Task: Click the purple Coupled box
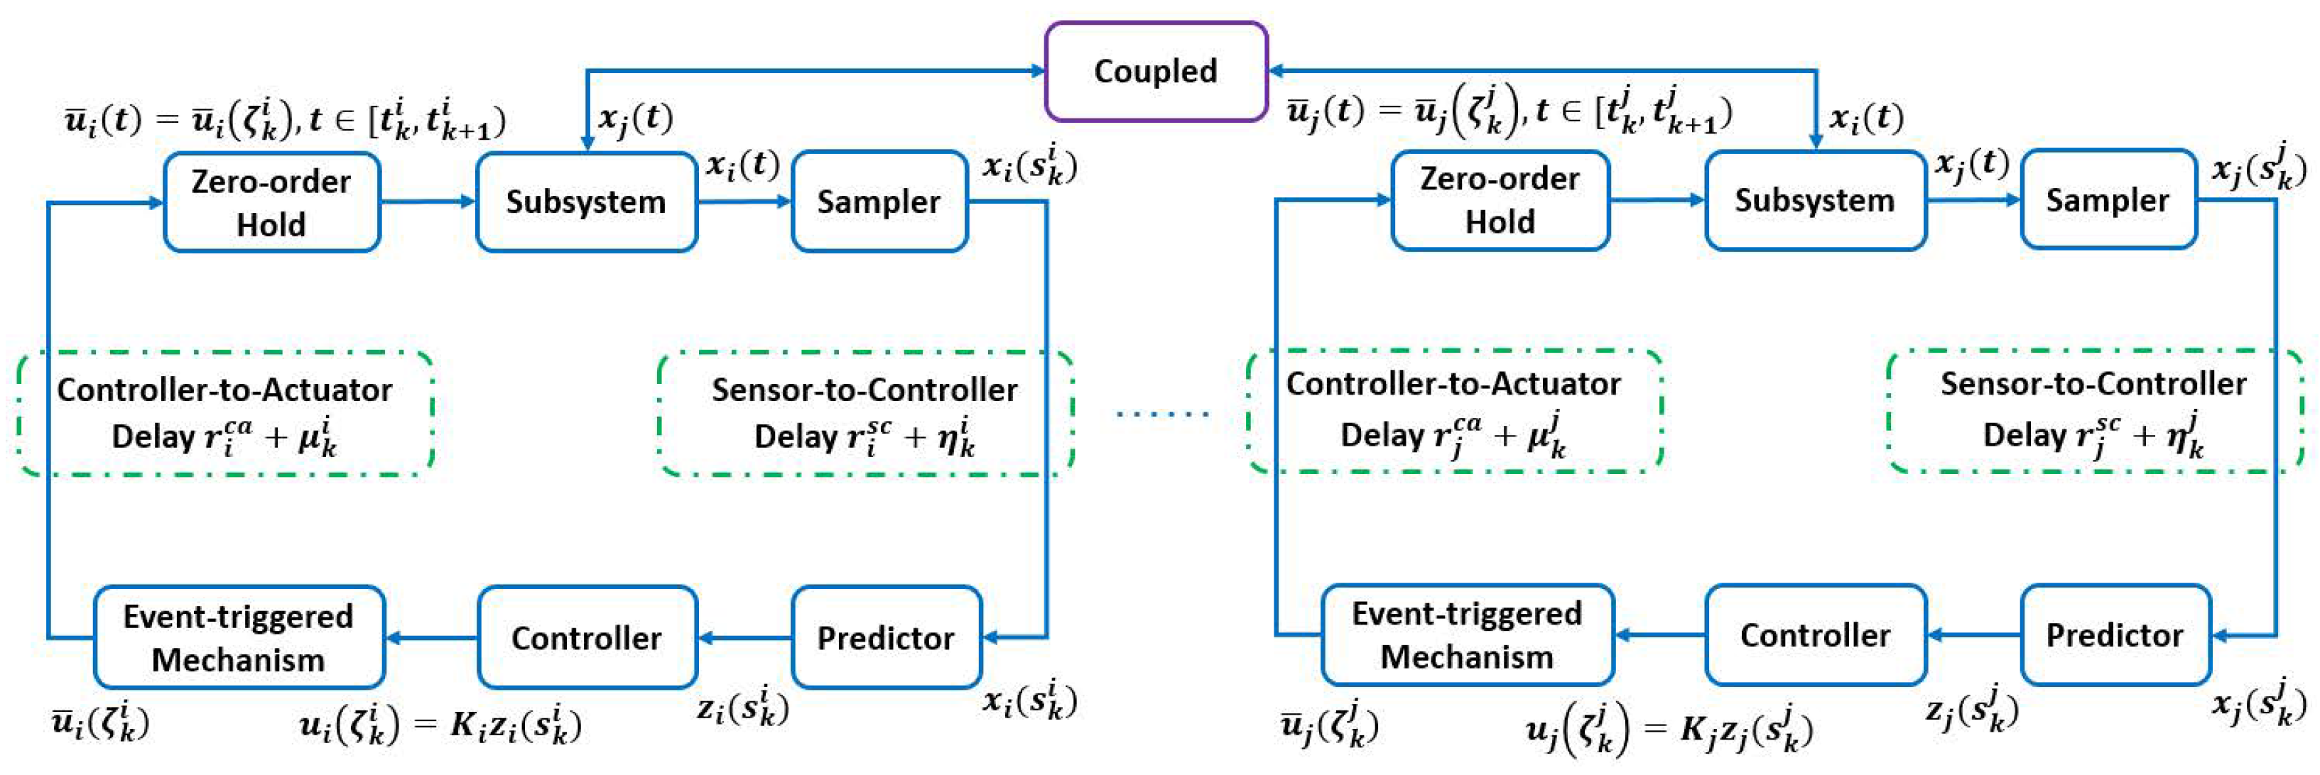pos(1156,72)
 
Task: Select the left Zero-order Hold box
pos(271,202)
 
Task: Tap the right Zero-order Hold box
pos(1500,200)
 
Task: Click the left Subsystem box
pos(585,202)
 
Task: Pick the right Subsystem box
pos(1815,200)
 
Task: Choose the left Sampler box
pos(878,202)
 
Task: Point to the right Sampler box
pos(2108,200)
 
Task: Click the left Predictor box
pos(885,637)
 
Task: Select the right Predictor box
pos(2115,634)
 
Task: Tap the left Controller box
pos(586,637)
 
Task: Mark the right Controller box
pos(1815,634)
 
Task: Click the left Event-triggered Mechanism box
pos(239,637)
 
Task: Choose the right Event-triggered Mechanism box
pos(1467,634)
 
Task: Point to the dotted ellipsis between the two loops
pos(1162,414)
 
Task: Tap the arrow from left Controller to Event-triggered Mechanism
pos(433,638)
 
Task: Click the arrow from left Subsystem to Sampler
pos(744,202)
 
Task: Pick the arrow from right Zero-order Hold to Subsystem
pos(1657,200)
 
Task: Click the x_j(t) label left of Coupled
pos(636,118)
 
